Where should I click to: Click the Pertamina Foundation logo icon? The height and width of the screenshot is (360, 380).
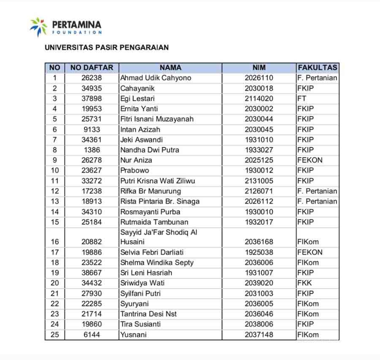tap(39, 27)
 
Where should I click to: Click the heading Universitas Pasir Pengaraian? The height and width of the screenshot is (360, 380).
tap(107, 47)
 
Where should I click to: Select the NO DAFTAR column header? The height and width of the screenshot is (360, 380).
tap(91, 68)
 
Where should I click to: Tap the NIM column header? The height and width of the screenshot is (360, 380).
tap(259, 68)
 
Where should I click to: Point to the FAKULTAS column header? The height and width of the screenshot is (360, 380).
tap(317, 68)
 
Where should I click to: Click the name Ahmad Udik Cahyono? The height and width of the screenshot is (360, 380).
tap(156, 78)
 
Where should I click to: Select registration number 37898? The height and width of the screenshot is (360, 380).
tap(91, 99)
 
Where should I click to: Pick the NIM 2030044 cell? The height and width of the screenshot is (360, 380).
tap(259, 119)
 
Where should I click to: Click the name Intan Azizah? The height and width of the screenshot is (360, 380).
tap(140, 130)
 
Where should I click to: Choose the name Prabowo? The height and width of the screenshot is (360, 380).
tap(135, 170)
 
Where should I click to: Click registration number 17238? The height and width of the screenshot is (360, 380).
tap(91, 191)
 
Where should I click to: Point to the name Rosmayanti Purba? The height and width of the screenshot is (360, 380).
tap(150, 212)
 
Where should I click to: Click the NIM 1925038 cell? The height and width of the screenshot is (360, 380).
tap(259, 252)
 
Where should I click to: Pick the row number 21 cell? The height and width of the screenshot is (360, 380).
tap(55, 293)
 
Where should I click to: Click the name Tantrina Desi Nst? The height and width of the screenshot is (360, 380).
tap(148, 314)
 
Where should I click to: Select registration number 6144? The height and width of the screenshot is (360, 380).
tap(91, 335)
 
